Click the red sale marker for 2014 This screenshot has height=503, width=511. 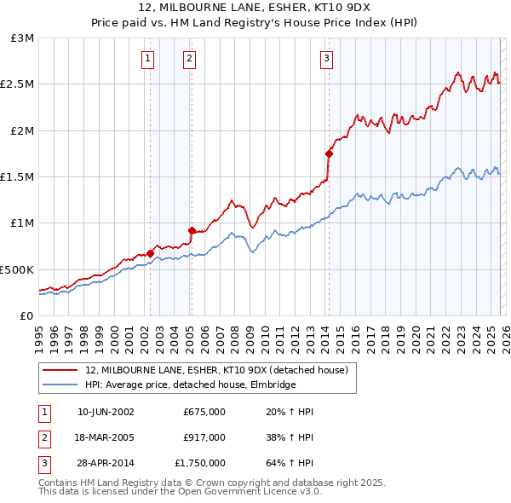pyautogui.click(x=329, y=154)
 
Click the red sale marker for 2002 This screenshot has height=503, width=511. pyautogui.click(x=150, y=253)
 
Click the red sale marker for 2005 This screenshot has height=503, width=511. pyautogui.click(x=192, y=230)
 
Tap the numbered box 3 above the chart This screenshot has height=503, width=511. pyautogui.click(x=326, y=59)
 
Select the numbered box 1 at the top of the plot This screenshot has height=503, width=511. pyautogui.click(x=148, y=59)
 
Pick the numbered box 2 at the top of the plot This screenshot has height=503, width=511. pyautogui.click(x=189, y=59)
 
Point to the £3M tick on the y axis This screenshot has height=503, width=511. pyautogui.click(x=23, y=38)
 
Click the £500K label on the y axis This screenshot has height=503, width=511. pyautogui.click(x=17, y=269)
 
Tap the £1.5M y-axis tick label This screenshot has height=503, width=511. pyautogui.click(x=19, y=177)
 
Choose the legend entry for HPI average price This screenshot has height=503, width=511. pyautogui.click(x=190, y=385)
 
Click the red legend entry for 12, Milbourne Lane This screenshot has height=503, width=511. pyautogui.click(x=216, y=371)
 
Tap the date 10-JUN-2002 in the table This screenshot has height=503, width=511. pyautogui.click(x=106, y=412)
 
